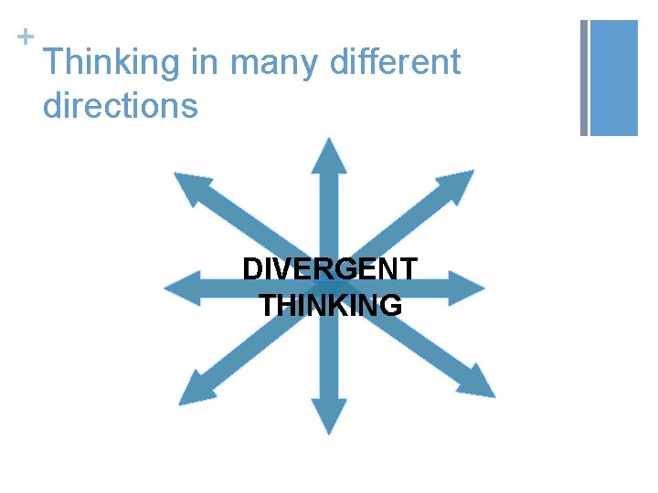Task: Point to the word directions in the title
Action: [120, 106]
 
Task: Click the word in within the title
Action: [205, 62]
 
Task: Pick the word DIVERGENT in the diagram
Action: [330, 270]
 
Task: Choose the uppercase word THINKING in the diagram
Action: [330, 305]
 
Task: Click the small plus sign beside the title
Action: [25, 36]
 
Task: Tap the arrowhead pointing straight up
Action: [329, 155]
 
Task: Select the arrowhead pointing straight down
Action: [329, 417]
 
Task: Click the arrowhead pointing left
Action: [179, 288]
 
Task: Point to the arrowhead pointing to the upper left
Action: [189, 188]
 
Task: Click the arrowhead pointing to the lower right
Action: [479, 383]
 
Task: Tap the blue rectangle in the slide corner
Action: [613, 78]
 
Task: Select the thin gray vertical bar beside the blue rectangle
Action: [584, 78]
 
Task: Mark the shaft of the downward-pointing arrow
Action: [329, 365]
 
